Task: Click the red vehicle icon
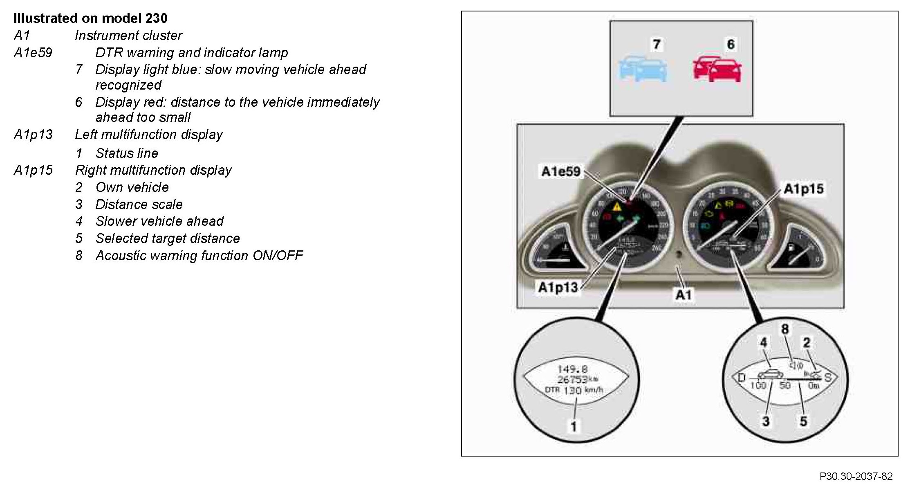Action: coord(717,69)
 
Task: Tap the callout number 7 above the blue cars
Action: coord(657,44)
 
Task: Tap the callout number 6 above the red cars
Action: coord(730,44)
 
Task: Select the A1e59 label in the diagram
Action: coord(560,171)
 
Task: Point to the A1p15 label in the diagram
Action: coord(803,189)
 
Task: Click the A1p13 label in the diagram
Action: coord(558,287)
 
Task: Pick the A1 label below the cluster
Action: coord(683,295)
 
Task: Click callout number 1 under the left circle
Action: coord(574,427)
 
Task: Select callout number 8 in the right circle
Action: coord(784,329)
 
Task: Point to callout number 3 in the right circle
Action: coord(766,421)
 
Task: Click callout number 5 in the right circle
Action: coord(803,421)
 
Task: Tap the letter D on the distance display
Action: coord(741,378)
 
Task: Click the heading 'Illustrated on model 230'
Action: coord(90,18)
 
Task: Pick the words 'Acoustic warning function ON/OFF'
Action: coord(199,256)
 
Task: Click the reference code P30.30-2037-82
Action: coord(856,477)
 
